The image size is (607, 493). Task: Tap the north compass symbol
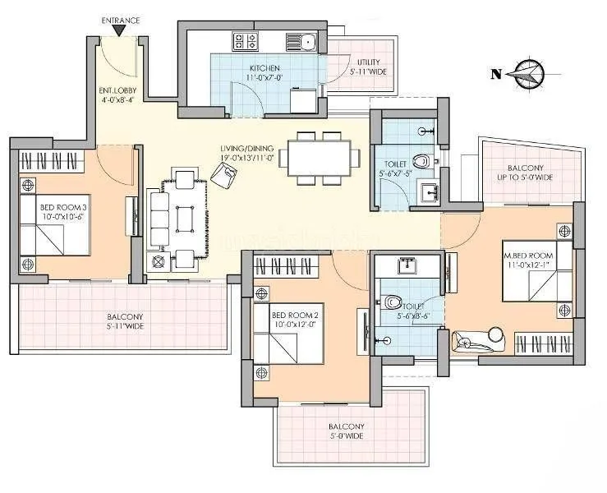tap(524, 74)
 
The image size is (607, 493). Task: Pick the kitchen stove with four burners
tap(245, 39)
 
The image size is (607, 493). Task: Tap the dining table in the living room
tap(319, 157)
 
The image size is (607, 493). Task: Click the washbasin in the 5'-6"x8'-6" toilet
tap(407, 266)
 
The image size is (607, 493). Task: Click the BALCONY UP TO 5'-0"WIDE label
tap(526, 173)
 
